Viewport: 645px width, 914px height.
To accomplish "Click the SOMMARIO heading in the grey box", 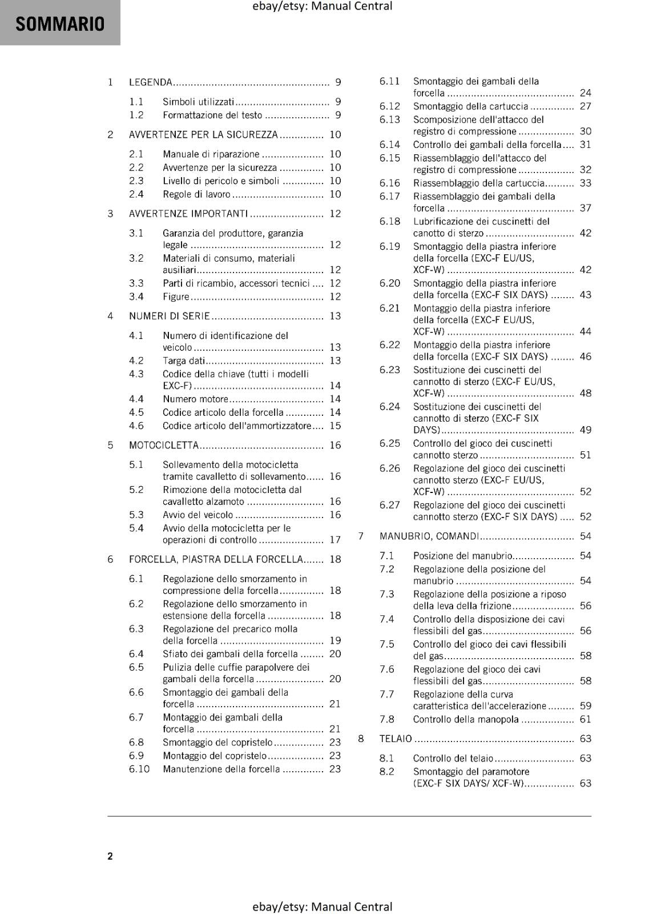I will pyautogui.click(x=60, y=24).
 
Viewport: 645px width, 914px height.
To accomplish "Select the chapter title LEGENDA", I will pyautogui.click(x=151, y=82).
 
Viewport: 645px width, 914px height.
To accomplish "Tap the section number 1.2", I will pyautogui.click(x=136, y=115).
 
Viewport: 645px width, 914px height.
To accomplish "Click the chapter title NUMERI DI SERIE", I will pyautogui.click(x=170, y=316).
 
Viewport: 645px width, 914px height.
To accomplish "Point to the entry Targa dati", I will pyautogui.click(x=183, y=360).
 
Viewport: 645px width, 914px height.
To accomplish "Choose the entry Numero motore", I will pyautogui.click(x=195, y=399).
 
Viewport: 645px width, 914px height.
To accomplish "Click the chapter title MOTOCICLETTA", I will pyautogui.click(x=164, y=445).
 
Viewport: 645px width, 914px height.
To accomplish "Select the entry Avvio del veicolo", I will pyautogui.click(x=197, y=515).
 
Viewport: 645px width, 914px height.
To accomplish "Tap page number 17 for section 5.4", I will pyautogui.click(x=335, y=540).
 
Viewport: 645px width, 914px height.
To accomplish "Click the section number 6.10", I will pyautogui.click(x=139, y=769).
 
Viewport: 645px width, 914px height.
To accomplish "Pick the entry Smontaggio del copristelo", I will pyautogui.click(x=217, y=743).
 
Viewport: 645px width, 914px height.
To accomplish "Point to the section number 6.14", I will pyautogui.click(x=390, y=145).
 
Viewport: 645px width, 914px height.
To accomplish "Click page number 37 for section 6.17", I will pyautogui.click(x=586, y=208).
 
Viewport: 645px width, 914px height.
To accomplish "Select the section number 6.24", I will pyautogui.click(x=390, y=407).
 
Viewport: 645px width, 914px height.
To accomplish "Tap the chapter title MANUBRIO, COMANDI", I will pyautogui.click(x=429, y=536).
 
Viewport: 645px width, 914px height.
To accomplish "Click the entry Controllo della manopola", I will pyautogui.click(x=466, y=720).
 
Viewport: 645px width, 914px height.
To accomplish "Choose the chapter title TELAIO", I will pyautogui.click(x=396, y=739).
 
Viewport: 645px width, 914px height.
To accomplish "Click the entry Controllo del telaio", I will pyautogui.click(x=453, y=759).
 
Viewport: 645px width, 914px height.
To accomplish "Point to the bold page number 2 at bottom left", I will pyautogui.click(x=110, y=856).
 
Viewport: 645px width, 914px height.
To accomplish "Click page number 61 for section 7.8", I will pyautogui.click(x=586, y=720).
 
